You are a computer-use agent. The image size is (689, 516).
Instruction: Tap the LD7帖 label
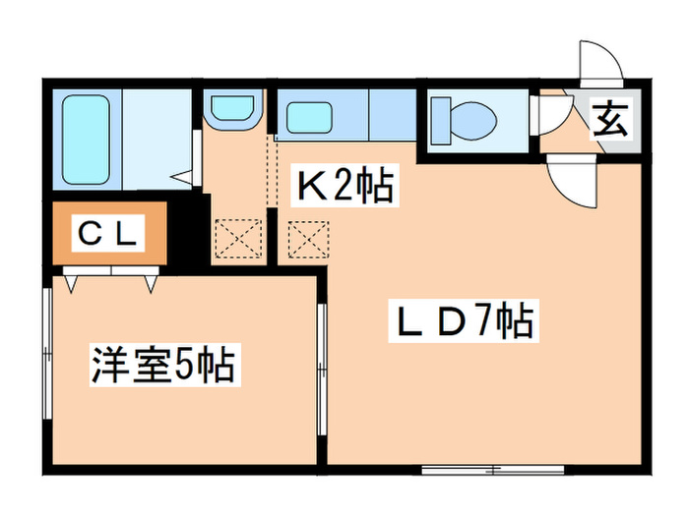coord(468,320)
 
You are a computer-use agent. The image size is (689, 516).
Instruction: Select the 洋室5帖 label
coord(162,365)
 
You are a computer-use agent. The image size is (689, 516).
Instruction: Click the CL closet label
coord(111,234)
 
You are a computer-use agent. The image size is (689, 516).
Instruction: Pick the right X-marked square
coord(306,236)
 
